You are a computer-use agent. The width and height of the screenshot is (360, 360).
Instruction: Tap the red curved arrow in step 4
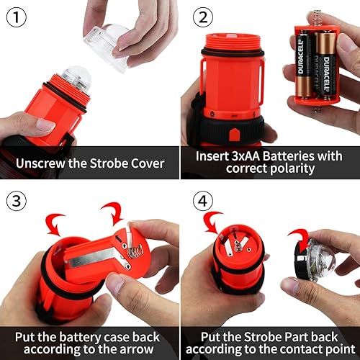coord(214,223)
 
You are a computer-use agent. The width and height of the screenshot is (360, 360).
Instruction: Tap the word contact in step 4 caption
coord(297,350)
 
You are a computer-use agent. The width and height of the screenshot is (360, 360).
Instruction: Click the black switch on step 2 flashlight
coord(233,134)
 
